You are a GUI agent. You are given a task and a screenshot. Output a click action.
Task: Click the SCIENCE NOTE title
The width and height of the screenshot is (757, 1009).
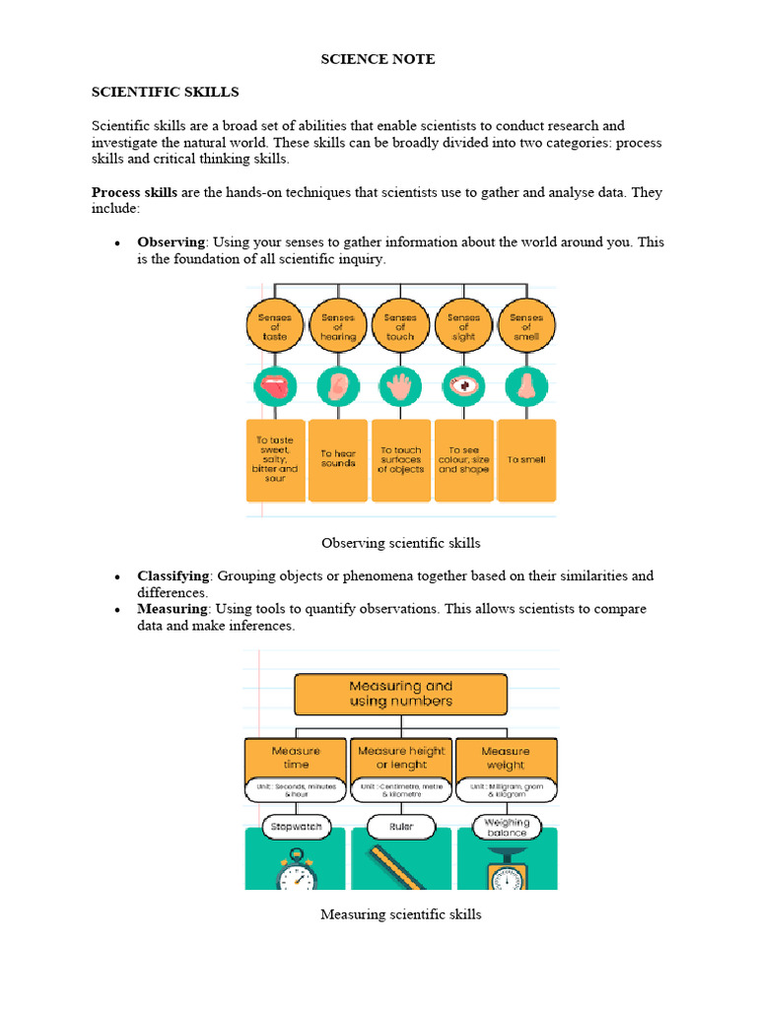tap(378, 59)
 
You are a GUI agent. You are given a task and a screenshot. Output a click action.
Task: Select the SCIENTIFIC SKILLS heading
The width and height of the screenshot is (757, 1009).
tap(166, 92)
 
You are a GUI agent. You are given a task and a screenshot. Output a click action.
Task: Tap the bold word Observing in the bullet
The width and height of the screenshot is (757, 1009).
tap(171, 241)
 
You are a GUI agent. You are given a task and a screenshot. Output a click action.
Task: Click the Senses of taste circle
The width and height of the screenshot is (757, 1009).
tap(274, 326)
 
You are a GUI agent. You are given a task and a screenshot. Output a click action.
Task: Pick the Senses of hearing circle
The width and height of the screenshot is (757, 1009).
tap(338, 326)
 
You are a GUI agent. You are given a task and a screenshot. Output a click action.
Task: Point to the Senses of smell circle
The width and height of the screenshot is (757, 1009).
tap(526, 326)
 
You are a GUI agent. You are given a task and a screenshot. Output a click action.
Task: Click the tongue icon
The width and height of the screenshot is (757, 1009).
tap(274, 386)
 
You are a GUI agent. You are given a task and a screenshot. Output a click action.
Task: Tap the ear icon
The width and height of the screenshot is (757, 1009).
tap(338, 386)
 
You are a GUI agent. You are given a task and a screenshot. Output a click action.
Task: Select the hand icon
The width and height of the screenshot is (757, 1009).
tap(400, 386)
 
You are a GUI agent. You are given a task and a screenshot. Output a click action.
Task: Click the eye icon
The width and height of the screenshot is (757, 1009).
tap(463, 386)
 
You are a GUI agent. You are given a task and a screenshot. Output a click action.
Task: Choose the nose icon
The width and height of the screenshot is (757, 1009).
tap(526, 386)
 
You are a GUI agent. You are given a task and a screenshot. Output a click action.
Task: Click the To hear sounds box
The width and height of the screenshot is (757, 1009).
tap(338, 459)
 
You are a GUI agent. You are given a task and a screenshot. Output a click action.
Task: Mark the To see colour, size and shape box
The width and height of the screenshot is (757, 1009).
tap(463, 459)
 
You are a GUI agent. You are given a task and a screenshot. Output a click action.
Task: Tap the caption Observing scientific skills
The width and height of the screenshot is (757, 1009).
tap(401, 543)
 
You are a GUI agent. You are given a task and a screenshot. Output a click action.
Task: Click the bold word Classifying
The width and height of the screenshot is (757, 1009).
tap(173, 575)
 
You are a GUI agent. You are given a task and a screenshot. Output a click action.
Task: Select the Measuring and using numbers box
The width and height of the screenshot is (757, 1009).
tap(401, 694)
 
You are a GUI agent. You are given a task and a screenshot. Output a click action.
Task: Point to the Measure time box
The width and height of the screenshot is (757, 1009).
tap(296, 758)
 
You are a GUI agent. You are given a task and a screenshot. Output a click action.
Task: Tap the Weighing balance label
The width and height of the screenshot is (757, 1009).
tap(506, 826)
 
